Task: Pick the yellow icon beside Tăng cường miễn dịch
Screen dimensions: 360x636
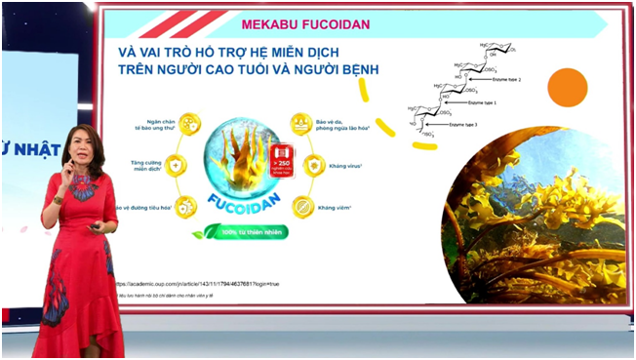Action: pos(177,165)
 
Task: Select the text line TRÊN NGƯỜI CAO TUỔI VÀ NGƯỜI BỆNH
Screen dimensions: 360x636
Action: pos(249,71)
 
